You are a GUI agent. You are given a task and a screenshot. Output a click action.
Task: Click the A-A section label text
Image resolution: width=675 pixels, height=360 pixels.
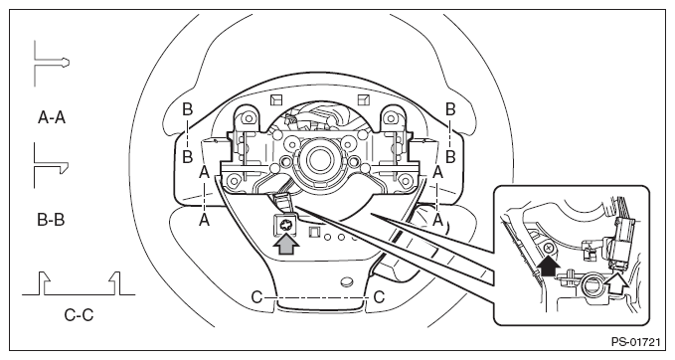tap(52, 117)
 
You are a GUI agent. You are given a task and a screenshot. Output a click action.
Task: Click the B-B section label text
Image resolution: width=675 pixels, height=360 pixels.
tap(51, 220)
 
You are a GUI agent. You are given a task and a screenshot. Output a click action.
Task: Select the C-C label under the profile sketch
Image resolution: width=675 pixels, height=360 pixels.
tap(79, 315)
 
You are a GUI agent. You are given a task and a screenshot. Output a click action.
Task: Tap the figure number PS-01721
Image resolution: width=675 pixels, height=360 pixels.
tap(635, 342)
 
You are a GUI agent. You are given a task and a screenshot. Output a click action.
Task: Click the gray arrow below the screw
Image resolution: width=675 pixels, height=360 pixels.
tap(286, 246)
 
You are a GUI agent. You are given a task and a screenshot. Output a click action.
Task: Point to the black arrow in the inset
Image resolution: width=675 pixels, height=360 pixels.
tap(548, 265)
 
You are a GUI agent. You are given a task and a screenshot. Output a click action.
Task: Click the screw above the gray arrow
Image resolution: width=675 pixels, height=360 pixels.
tap(285, 225)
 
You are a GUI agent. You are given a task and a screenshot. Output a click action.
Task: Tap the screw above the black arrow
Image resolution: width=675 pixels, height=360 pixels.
tap(549, 248)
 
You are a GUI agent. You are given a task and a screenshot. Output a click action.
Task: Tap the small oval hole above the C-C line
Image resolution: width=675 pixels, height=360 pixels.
tap(347, 282)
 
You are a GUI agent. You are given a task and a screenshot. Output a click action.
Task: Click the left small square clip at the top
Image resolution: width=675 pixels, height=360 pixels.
tap(276, 99)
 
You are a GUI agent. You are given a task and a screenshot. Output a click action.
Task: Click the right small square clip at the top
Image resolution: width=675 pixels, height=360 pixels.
tap(364, 99)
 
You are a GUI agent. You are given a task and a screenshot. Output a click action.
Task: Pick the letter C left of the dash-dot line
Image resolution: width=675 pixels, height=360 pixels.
tap(256, 297)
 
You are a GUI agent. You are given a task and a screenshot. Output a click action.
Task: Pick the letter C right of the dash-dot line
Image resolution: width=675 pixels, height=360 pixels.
tap(379, 297)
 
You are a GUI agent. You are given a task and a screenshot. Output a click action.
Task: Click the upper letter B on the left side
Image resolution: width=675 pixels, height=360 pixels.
tap(187, 109)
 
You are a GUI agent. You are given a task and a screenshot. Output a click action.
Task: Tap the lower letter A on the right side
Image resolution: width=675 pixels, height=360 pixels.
tap(437, 220)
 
